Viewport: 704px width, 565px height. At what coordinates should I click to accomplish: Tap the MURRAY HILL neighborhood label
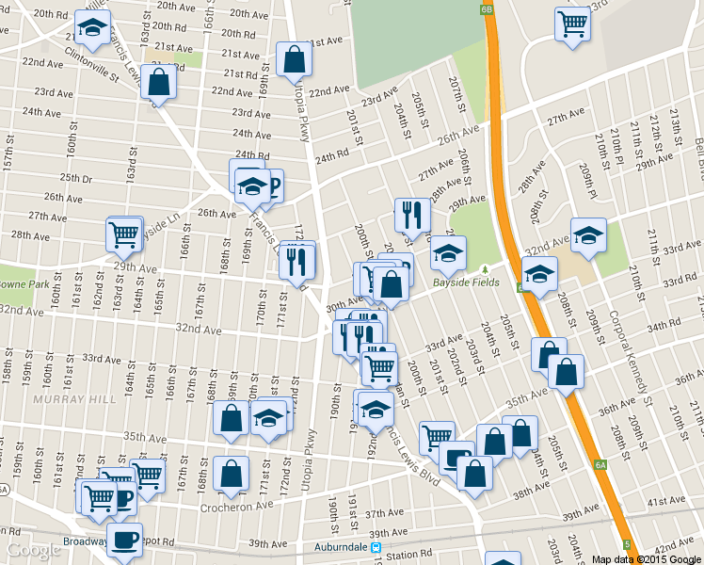pos(74,399)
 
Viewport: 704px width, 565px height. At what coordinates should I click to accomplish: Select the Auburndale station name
pos(334,547)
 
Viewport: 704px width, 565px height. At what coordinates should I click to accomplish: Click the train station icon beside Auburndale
pos(375,547)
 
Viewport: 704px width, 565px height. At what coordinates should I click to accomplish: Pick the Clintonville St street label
pos(92,64)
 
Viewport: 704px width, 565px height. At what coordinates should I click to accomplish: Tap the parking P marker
pos(274,186)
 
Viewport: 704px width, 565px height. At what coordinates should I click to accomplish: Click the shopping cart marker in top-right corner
pos(572,24)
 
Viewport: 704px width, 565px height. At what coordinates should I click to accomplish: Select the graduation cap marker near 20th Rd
pos(92,29)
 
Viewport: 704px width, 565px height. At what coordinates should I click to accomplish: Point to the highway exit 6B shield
pos(486,8)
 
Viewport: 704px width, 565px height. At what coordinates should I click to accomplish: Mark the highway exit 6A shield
pos(600,465)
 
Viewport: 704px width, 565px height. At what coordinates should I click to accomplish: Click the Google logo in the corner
pos(33,551)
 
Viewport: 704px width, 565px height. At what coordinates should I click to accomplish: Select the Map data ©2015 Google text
pos(646,558)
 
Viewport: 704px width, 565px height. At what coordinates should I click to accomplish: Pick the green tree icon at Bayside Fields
pos(487,270)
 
